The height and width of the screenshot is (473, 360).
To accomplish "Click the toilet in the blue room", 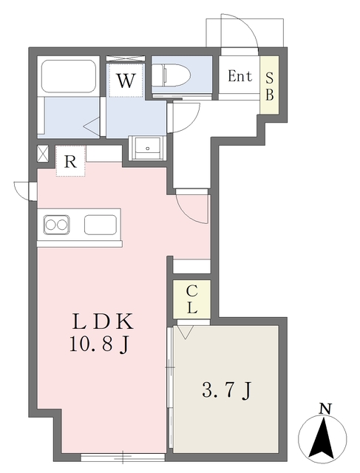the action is tap(171, 75).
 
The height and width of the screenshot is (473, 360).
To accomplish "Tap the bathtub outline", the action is tap(69, 76).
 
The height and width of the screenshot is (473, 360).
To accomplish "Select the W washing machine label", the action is tap(126, 81).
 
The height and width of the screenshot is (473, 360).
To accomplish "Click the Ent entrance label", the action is tap(240, 76).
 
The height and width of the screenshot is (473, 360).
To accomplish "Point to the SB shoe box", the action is tap(270, 86).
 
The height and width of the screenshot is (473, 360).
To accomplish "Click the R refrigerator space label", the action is tap(71, 163).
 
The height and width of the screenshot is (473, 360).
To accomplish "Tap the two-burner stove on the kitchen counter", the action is tap(56, 225).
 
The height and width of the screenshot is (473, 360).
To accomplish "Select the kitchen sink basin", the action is tap(101, 225).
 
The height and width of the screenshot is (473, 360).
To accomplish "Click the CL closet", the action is tap(191, 299).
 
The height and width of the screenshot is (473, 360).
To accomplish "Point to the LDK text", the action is tap(103, 321).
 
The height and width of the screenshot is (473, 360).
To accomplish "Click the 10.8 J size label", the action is tap(100, 344).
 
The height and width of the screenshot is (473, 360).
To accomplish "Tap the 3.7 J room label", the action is tap(226, 391).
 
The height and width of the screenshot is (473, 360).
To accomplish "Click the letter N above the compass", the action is tap(325, 409).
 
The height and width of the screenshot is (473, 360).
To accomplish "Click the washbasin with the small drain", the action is tap(147, 148).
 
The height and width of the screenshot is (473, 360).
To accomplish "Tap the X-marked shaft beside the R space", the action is tap(43, 154).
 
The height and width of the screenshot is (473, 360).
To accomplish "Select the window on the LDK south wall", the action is tap(123, 457).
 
